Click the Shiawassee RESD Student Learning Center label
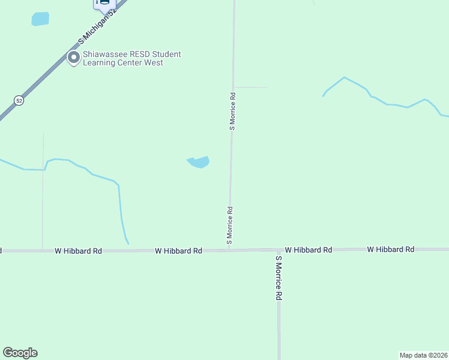click(x=131, y=58)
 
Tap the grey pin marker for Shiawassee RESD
click(x=74, y=58)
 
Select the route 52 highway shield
click(x=19, y=101)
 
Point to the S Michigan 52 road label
click(x=97, y=28)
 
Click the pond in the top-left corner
click(x=40, y=19)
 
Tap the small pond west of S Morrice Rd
click(x=199, y=162)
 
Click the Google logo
click(x=20, y=353)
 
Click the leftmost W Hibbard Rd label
click(x=78, y=251)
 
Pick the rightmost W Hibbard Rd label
click(x=391, y=249)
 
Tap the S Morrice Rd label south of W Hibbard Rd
click(x=279, y=278)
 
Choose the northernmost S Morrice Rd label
click(x=232, y=111)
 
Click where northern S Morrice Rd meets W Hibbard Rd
click(x=229, y=250)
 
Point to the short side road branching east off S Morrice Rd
click(x=250, y=88)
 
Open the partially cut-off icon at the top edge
click(x=103, y=4)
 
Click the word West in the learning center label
click(x=154, y=62)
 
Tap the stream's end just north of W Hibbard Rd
click(x=127, y=243)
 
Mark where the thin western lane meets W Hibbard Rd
click(x=43, y=250)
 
